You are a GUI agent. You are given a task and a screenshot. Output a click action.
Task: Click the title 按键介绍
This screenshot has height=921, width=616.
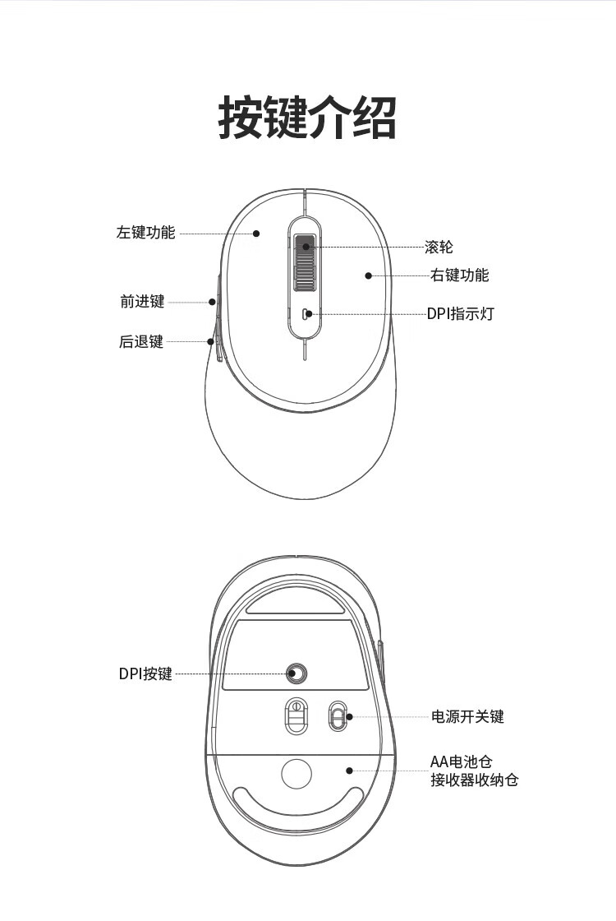(307, 118)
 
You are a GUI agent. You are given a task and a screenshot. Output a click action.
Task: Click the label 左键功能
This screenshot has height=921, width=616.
(145, 233)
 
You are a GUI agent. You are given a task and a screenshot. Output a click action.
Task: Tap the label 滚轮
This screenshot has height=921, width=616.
(439, 247)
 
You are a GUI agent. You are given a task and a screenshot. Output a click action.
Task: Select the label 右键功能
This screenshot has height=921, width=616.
(459, 275)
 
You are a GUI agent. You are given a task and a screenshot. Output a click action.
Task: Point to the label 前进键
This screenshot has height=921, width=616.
(142, 302)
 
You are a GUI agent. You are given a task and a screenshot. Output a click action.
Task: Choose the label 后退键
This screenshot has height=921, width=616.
(140, 341)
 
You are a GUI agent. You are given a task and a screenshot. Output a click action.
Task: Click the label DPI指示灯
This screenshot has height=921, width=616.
(460, 313)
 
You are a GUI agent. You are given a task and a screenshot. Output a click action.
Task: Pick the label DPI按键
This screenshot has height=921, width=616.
(145, 673)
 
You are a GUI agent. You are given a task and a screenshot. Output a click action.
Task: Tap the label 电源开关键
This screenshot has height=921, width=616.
(467, 716)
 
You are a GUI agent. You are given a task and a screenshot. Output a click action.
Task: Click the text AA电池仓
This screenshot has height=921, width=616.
(461, 761)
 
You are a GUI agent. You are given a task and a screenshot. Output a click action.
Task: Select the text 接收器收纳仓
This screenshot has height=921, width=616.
(475, 780)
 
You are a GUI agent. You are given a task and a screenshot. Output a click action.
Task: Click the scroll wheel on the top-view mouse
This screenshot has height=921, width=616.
(305, 262)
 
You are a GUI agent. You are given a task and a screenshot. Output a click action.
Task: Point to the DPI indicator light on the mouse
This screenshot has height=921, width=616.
(305, 313)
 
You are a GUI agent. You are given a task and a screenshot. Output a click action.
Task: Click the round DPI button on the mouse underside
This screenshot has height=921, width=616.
(297, 673)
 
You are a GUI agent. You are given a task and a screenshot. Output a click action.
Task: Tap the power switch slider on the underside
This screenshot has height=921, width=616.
(337, 716)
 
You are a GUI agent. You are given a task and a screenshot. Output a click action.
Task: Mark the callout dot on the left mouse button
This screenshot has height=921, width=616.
(256, 234)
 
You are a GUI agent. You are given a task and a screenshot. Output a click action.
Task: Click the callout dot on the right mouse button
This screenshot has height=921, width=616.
(369, 275)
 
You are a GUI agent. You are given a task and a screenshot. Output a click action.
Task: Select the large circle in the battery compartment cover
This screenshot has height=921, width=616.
(297, 774)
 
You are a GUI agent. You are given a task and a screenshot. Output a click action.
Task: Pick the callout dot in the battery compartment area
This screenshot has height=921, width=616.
(350, 771)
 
